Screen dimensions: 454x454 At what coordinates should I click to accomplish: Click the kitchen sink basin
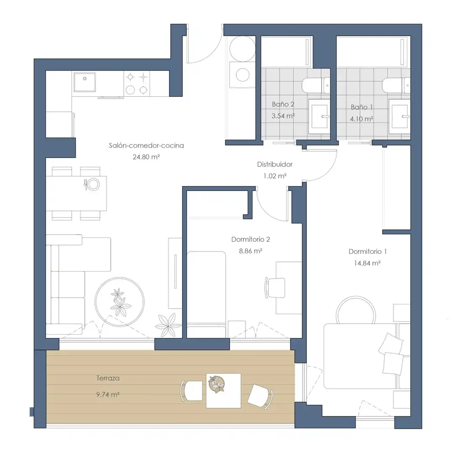tap(84, 82)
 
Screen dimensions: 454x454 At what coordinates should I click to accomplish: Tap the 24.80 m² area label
tap(146, 157)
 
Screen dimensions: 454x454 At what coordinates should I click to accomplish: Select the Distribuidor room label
tap(275, 164)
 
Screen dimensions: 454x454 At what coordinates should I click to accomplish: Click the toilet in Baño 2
tap(316, 85)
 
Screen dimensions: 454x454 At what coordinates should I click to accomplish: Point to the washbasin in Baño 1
tap(399, 116)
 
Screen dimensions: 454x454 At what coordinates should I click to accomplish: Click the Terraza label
tap(108, 378)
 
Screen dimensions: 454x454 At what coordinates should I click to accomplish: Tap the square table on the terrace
tap(224, 391)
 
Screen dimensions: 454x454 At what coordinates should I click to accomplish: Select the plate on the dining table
tap(93, 184)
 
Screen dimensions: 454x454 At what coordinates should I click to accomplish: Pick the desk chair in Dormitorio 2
tap(275, 288)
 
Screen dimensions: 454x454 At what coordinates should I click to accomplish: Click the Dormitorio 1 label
tap(367, 252)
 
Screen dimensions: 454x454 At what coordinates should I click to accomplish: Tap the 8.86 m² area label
tap(251, 251)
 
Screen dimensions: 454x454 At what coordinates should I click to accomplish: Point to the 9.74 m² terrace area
tap(108, 395)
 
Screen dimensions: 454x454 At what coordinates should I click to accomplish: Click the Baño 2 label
tap(283, 104)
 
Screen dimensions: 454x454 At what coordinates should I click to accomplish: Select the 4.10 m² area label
tap(362, 119)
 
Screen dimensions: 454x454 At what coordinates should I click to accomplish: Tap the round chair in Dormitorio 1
tap(356, 310)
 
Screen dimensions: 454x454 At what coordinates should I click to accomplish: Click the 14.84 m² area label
tap(367, 263)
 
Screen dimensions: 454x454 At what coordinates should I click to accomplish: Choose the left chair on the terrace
tap(191, 391)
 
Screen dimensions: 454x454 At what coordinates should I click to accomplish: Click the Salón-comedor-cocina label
tap(146, 145)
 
